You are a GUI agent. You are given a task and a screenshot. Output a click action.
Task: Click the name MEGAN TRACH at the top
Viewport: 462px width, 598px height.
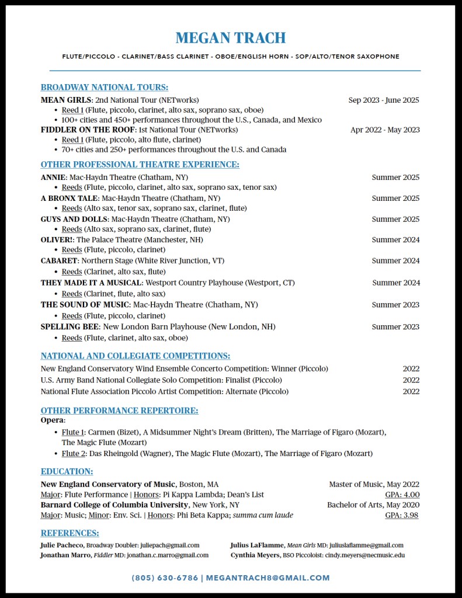(231, 39)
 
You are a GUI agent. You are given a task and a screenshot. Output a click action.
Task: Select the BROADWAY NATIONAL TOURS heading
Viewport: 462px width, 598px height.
(105, 88)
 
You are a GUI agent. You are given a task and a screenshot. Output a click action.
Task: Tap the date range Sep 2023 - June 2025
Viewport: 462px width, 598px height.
(384, 100)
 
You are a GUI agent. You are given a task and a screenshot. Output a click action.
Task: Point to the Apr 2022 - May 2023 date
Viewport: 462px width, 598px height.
(385, 130)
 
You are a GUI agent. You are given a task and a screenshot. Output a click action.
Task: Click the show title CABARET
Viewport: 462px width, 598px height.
(59, 260)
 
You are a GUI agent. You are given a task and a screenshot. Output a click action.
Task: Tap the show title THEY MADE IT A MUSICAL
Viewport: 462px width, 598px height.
(91, 283)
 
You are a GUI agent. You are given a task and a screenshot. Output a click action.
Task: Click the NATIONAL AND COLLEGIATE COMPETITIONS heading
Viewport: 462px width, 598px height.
(136, 356)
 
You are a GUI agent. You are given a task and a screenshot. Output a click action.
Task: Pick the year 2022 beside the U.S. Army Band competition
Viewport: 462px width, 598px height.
(411, 380)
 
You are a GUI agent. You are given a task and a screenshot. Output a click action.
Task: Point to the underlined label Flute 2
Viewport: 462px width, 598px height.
(73, 453)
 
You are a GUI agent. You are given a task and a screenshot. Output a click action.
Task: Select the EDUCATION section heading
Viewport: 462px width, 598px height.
(67, 472)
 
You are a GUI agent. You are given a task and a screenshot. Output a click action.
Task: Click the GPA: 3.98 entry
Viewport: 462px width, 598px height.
(402, 515)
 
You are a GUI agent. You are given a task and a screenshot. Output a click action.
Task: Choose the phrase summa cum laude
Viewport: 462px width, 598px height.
(263, 515)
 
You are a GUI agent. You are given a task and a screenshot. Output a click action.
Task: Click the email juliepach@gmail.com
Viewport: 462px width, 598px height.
(169, 545)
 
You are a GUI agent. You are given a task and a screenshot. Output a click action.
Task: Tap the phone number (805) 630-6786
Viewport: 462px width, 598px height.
(165, 578)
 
